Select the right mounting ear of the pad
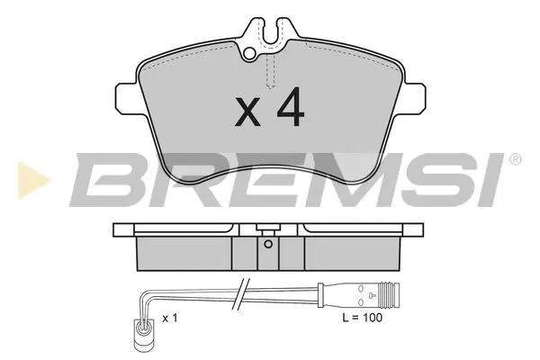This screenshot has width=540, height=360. coord(413,97)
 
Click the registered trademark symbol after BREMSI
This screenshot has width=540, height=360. coord(514,160)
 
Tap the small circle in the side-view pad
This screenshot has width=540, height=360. coord(266,242)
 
